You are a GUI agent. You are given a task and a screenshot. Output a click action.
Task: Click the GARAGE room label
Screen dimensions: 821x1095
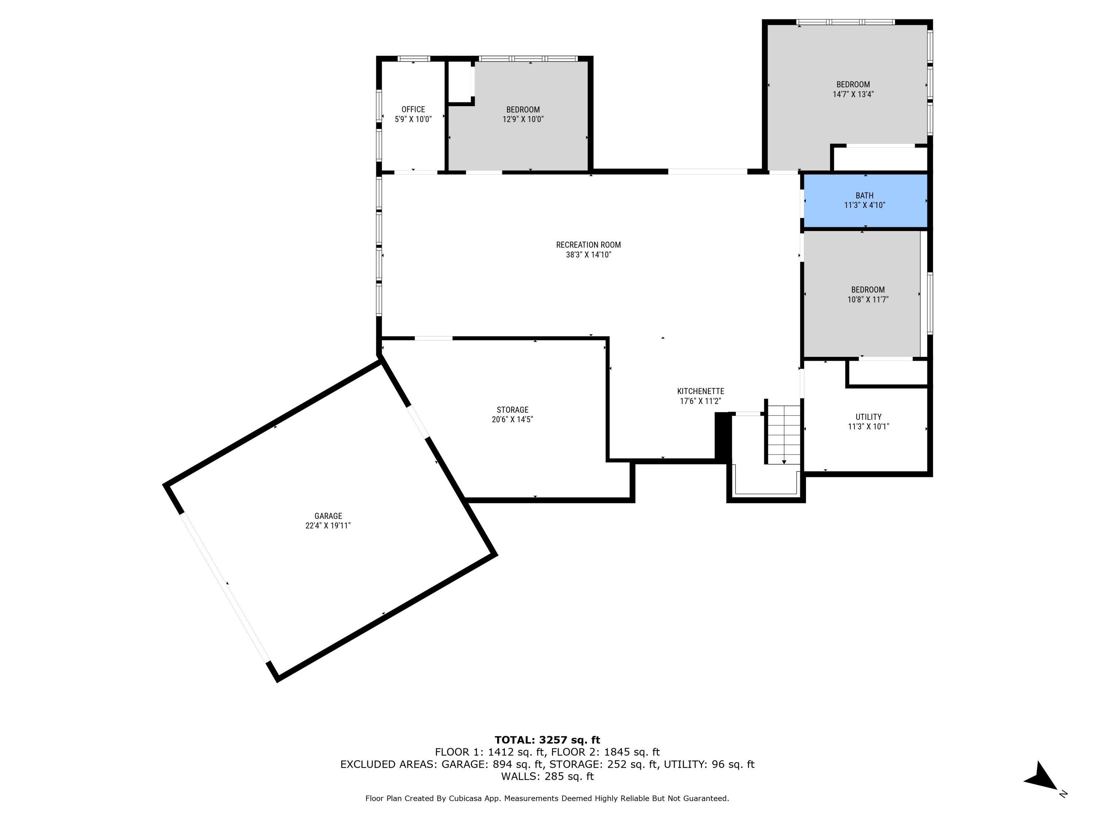coord(328,516)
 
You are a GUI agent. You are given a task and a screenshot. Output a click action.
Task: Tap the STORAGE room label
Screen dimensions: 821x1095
coord(512,410)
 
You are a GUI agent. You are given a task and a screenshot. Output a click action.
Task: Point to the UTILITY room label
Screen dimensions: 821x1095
coord(868,417)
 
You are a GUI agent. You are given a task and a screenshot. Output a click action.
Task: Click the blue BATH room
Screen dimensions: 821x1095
coord(865,200)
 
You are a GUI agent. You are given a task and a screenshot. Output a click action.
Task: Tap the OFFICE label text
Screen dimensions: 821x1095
coord(413,109)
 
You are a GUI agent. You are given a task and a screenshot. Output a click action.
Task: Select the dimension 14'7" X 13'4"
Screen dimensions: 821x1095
coord(853,95)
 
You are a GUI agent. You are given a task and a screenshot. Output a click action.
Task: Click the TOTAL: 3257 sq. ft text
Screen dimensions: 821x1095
coord(547,740)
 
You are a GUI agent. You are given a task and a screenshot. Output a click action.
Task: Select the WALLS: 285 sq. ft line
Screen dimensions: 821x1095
coord(547,776)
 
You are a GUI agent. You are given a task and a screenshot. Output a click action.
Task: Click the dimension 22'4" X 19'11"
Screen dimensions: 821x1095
coord(328,525)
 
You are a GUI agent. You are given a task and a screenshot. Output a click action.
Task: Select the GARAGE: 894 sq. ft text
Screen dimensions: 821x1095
coord(492,764)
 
